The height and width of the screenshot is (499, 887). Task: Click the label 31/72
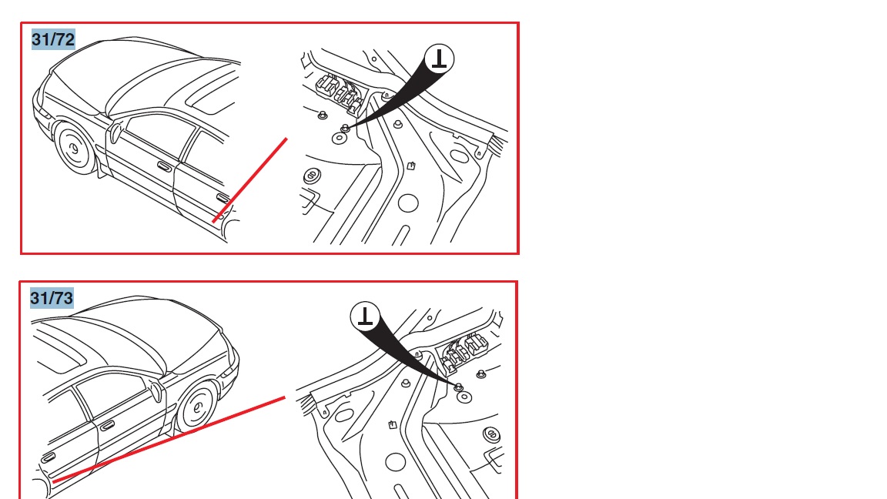coord(53,39)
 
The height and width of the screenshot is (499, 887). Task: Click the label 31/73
coord(52,298)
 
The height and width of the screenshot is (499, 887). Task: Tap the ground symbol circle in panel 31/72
coord(440,59)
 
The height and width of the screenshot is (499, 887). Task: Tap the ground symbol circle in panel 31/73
coord(366,316)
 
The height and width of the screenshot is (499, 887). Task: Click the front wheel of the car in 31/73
coord(196,406)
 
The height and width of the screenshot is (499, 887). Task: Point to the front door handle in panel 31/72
coord(164,166)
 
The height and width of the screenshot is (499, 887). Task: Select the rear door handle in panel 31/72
coord(223,199)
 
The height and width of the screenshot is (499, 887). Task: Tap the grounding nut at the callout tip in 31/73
coord(459,387)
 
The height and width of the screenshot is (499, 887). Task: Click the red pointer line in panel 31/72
coord(250,180)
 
